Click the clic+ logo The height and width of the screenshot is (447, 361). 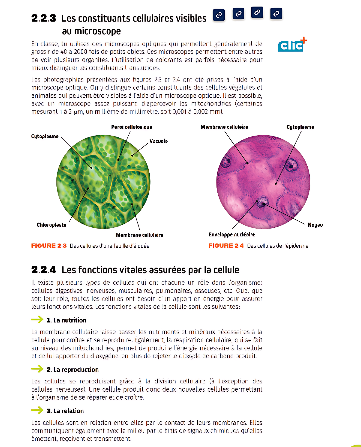[292, 45]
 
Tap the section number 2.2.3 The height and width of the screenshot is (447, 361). [43, 18]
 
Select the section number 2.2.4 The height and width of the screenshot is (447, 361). [43, 270]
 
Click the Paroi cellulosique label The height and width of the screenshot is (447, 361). [131, 127]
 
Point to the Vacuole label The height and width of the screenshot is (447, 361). [159, 141]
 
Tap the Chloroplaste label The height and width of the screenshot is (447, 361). [51, 225]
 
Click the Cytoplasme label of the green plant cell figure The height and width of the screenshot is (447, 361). [45, 136]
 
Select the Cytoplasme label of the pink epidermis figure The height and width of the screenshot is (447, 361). [300, 127]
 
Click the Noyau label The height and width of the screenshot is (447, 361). [315, 225]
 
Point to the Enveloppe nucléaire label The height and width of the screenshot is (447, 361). [231, 235]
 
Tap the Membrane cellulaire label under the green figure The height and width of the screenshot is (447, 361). [139, 235]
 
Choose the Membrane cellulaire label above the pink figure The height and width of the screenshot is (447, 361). [224, 127]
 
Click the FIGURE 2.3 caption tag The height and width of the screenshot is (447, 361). [49, 246]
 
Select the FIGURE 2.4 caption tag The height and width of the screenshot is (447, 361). [226, 246]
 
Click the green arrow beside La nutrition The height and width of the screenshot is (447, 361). [37, 319]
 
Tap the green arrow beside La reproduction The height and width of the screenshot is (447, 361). [37, 369]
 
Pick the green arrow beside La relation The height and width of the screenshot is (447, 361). [37, 410]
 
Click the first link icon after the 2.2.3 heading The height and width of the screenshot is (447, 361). [219, 15]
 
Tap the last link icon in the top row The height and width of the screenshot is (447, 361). [276, 13]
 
